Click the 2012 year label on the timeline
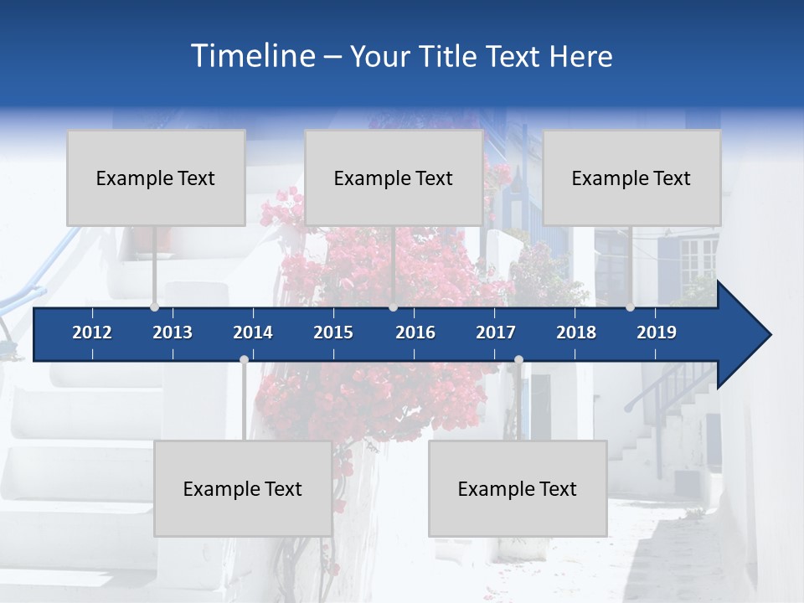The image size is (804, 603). pyautogui.click(x=92, y=332)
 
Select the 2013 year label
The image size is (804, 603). pyautogui.click(x=173, y=332)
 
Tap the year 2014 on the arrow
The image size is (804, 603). pyautogui.click(x=253, y=332)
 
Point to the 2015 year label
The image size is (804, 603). pyautogui.click(x=333, y=332)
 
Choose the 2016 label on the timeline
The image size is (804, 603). pyautogui.click(x=415, y=332)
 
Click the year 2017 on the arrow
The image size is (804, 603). pyautogui.click(x=496, y=332)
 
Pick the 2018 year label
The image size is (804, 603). pyautogui.click(x=576, y=332)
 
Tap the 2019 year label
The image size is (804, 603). pyautogui.click(x=657, y=332)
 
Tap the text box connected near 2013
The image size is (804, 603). pyautogui.click(x=156, y=178)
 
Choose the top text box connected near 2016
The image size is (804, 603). pyautogui.click(x=394, y=178)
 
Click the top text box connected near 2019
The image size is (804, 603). pyautogui.click(x=631, y=178)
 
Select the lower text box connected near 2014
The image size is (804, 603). pyautogui.click(x=243, y=488)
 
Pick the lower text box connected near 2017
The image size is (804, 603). pyautogui.click(x=518, y=488)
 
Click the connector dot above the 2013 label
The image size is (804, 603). pyautogui.click(x=154, y=307)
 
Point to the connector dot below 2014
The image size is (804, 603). pyautogui.click(x=244, y=360)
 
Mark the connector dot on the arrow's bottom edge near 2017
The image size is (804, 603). pyautogui.click(x=518, y=360)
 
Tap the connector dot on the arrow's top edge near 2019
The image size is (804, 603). pyautogui.click(x=630, y=307)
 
